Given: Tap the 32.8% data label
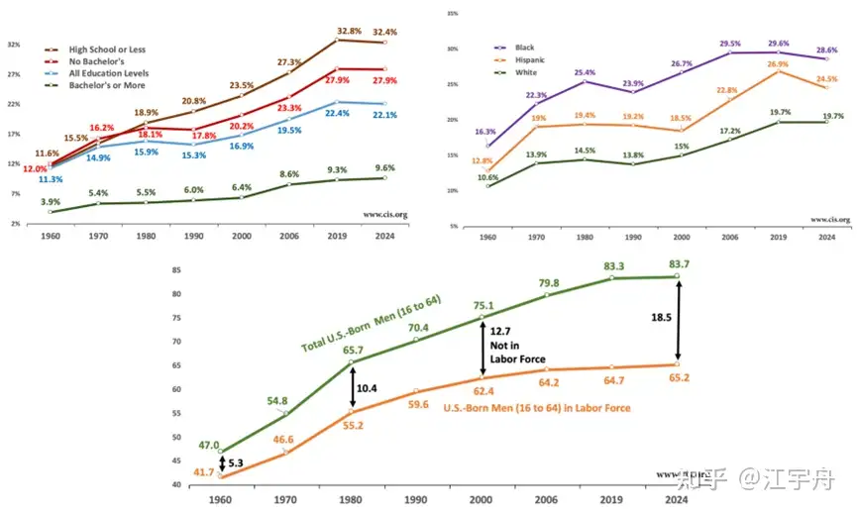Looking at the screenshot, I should (347, 30).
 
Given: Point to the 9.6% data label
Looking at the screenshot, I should (385, 167).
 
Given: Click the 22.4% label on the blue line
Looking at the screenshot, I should (346, 114).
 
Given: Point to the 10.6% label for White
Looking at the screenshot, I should (486, 176).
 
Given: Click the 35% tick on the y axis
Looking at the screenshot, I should (451, 14).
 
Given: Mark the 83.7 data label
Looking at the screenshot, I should (679, 262).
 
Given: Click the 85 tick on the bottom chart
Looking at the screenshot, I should (177, 270).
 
